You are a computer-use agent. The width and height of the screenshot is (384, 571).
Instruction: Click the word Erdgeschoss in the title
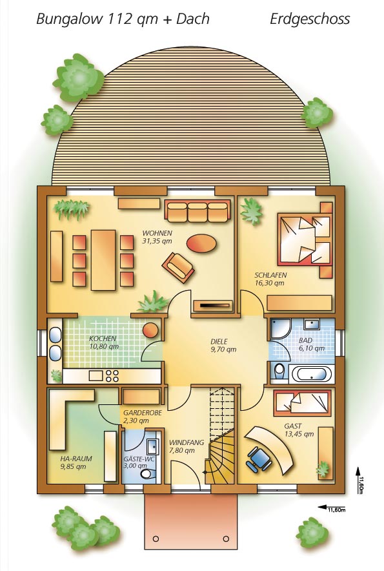point(310,19)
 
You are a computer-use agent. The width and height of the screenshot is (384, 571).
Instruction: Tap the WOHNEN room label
point(157,233)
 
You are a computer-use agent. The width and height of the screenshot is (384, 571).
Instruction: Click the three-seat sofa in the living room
point(197,211)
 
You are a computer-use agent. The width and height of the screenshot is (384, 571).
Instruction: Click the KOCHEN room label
point(103,338)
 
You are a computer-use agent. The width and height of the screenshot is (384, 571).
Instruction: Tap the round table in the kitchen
point(150,330)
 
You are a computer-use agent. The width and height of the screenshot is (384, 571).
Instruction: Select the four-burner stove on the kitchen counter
point(112,375)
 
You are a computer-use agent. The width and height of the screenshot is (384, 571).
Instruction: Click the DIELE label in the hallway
point(219,342)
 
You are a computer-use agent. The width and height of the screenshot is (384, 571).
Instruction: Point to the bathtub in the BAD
point(312,374)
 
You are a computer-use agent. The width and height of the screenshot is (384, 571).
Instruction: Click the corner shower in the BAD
point(281,329)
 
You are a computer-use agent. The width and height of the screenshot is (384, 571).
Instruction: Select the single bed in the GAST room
point(303,403)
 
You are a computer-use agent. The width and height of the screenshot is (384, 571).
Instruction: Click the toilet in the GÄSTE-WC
point(148,474)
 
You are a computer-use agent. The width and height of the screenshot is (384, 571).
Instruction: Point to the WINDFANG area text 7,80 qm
point(182,450)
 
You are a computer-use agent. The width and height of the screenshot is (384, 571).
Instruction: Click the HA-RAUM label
point(76,459)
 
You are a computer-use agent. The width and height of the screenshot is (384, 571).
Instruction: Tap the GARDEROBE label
point(143,413)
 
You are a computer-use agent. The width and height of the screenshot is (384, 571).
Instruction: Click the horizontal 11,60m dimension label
point(337,510)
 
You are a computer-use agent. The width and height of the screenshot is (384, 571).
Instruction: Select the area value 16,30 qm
point(269,283)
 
